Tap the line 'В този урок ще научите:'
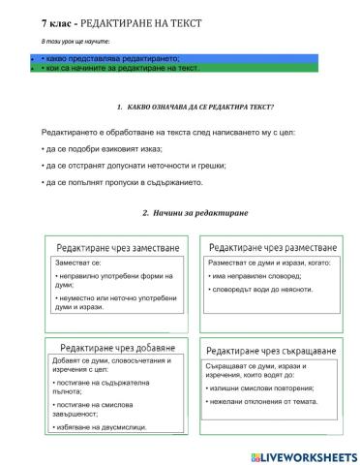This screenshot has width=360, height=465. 76,43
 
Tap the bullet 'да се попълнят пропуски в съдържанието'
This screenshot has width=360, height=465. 135,182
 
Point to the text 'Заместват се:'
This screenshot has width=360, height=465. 78,263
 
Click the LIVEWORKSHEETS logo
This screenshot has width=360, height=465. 303,455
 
